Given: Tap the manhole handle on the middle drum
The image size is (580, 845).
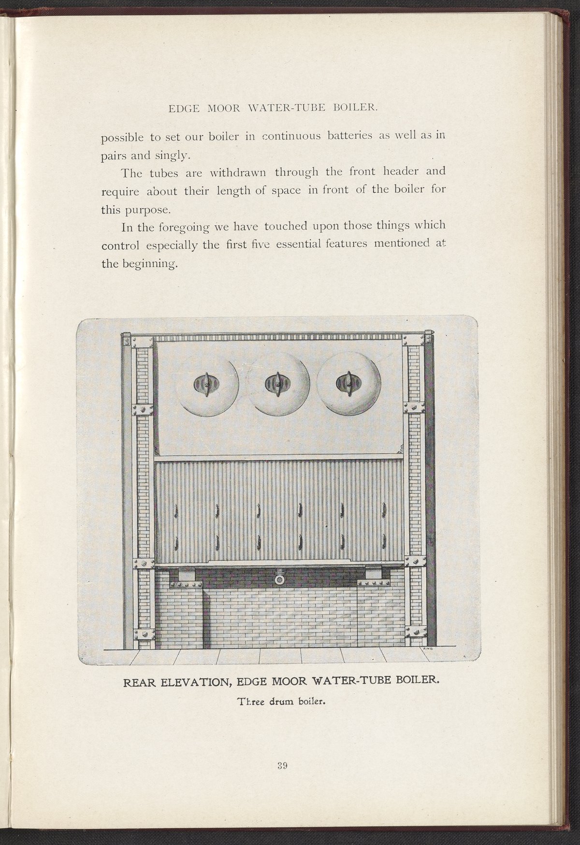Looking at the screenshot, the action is pyautogui.click(x=278, y=383).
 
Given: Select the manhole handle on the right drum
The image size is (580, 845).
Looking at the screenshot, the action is pyautogui.click(x=348, y=383).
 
